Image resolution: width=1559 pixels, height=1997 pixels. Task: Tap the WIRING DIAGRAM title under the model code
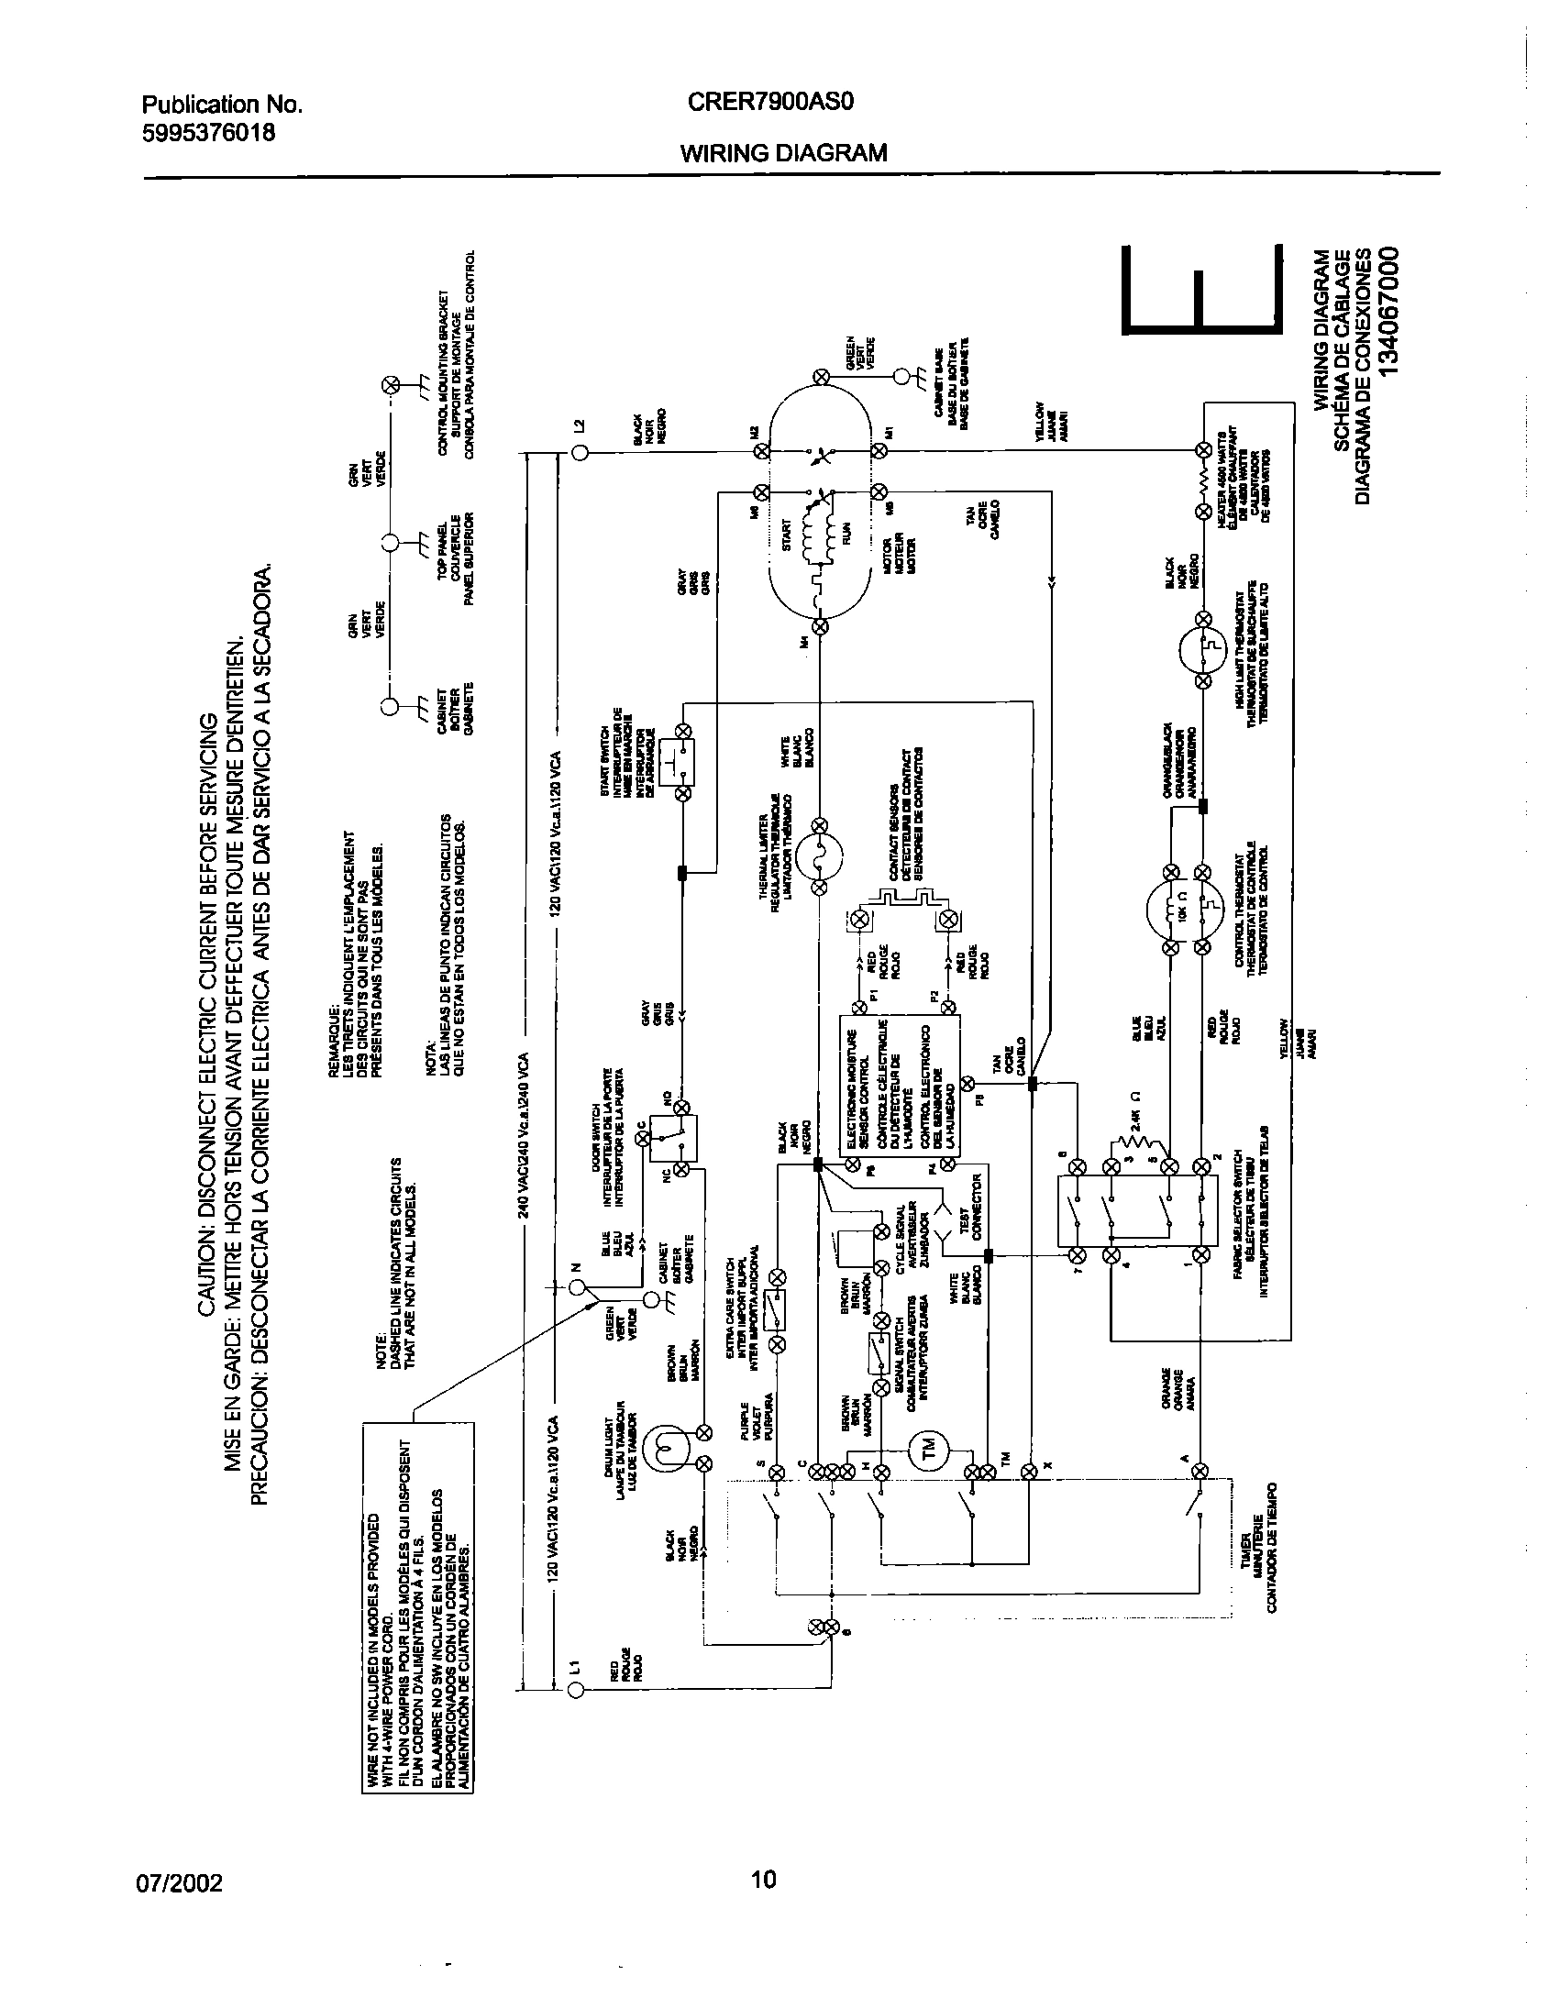coord(783,153)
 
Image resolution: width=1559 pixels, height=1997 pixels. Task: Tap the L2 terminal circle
coord(579,452)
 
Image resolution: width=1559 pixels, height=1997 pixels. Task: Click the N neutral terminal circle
coord(575,1289)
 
